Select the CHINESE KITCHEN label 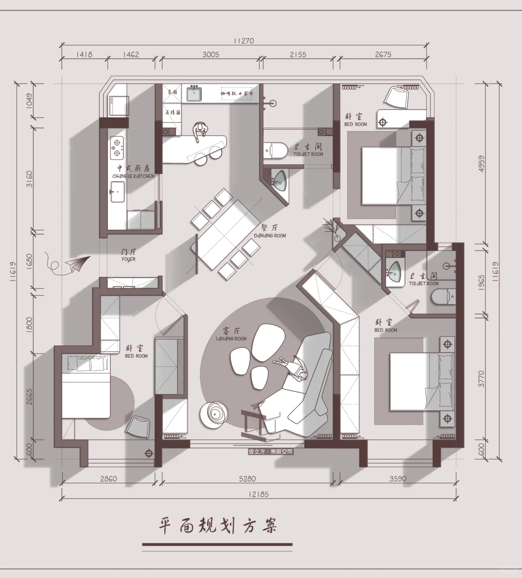click(x=133, y=172)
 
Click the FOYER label click(x=129, y=255)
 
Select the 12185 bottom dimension click(x=258, y=494)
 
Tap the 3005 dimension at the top click(x=210, y=55)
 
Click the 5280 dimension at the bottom click(x=247, y=479)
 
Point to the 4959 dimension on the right click(x=482, y=163)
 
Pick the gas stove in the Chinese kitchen click(x=116, y=148)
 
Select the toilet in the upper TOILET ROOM click(x=275, y=150)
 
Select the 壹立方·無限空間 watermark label click(x=270, y=452)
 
